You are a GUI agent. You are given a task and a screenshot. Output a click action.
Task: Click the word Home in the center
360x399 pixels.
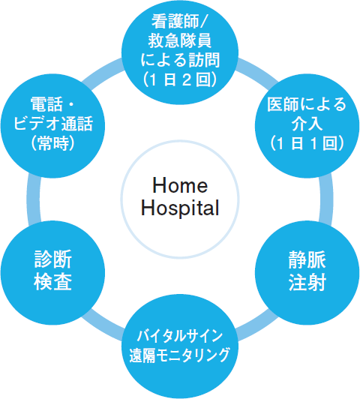click(x=180, y=185)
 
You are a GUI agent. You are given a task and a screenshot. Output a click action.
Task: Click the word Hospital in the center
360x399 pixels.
click(x=180, y=208)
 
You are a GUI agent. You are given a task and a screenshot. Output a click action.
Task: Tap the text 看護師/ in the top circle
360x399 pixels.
click(x=180, y=21)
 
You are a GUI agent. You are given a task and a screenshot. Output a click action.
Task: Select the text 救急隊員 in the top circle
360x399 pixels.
click(x=180, y=40)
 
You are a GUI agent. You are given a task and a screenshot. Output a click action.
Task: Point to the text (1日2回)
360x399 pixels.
click(x=180, y=79)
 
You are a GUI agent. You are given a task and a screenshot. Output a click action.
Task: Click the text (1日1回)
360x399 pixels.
click(x=307, y=143)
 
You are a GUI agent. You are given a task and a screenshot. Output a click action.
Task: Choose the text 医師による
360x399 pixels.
click(x=307, y=104)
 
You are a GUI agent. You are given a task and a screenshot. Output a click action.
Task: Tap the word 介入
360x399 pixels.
click(x=307, y=124)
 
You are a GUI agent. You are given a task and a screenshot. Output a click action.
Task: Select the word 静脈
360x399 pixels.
click(x=307, y=259)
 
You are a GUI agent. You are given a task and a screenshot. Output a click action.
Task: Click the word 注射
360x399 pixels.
click(x=307, y=282)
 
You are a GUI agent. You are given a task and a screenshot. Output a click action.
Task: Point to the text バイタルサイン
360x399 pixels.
click(x=180, y=336)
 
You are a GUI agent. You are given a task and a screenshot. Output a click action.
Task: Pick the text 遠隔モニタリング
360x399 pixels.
click(x=180, y=355)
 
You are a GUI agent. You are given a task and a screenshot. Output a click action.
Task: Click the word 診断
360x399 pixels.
click(x=53, y=259)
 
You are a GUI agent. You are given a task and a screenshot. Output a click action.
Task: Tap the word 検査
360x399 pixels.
click(x=53, y=281)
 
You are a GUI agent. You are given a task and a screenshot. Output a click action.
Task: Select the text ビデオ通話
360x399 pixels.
click(x=53, y=124)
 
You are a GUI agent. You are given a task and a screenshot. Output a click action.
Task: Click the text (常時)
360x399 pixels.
click(x=53, y=143)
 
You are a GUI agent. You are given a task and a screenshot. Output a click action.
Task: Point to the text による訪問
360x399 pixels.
click(x=180, y=60)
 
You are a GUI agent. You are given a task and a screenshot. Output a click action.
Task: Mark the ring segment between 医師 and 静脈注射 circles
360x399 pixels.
click(x=326, y=199)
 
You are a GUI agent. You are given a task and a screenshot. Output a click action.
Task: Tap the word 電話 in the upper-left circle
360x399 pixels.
click(x=46, y=104)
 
